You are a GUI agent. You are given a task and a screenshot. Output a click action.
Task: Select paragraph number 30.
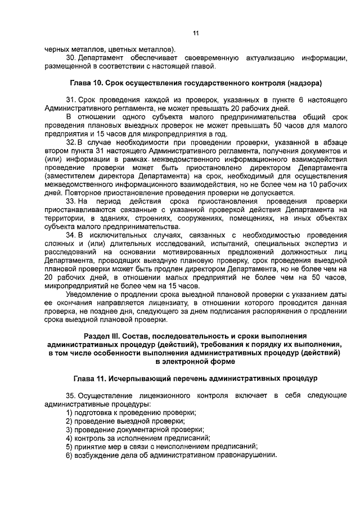pyautogui.click(x=70, y=58)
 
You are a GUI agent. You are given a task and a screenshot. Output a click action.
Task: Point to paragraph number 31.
pyautogui.click(x=70, y=100)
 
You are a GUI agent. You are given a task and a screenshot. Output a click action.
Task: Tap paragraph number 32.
pyautogui.click(x=70, y=143)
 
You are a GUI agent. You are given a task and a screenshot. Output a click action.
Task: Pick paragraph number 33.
pyautogui.click(x=70, y=201)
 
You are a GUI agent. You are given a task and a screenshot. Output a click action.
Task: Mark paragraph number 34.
pyautogui.click(x=70, y=235)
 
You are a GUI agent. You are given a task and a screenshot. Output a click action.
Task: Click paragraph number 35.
pyautogui.click(x=70, y=396)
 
